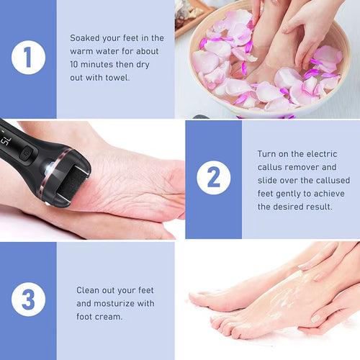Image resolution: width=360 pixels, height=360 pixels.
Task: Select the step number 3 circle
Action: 27,300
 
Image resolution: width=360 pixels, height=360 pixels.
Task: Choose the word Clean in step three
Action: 91,290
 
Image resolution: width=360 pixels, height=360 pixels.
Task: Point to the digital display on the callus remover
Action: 5,131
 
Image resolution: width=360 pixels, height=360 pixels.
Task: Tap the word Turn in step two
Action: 268,153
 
